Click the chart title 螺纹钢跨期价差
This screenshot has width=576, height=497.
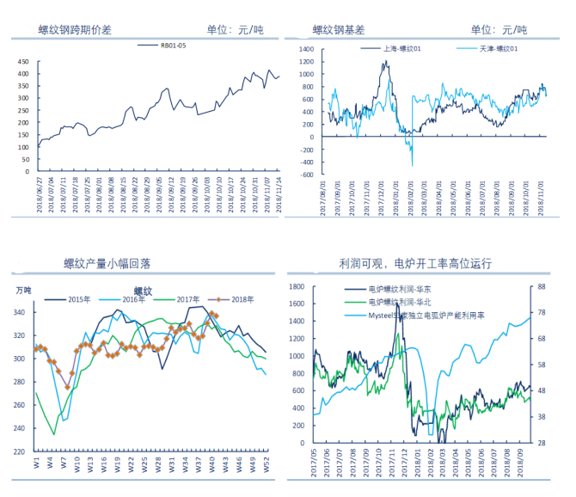tap(76, 30)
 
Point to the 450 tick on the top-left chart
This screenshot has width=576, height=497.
tap(23, 62)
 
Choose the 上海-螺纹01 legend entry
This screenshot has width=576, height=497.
tap(402, 49)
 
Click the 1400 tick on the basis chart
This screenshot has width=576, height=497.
tap(305, 50)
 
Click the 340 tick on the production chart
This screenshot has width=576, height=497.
tap(20, 312)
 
